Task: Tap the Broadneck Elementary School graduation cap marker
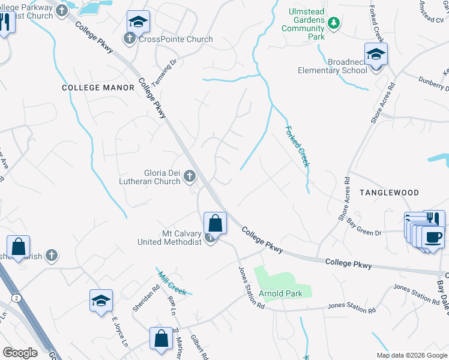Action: pyautogui.click(x=376, y=55)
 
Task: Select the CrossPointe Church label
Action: pyautogui.click(x=175, y=40)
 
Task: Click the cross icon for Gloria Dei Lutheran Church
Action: pyautogui.click(x=190, y=176)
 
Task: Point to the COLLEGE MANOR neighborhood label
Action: pyautogui.click(x=98, y=88)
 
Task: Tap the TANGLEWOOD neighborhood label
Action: pyautogui.click(x=389, y=192)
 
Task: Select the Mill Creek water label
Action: pyautogui.click(x=172, y=280)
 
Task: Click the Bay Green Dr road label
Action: pyautogui.click(x=364, y=226)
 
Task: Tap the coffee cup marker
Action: pyautogui.click(x=432, y=237)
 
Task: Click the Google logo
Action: pyautogui.click(x=20, y=353)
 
